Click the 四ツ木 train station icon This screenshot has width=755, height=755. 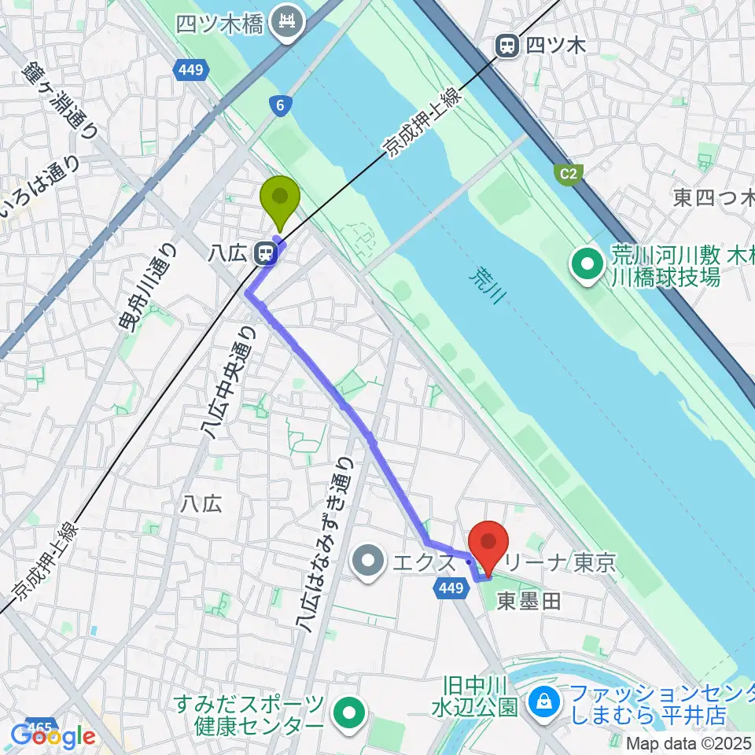click(506, 46)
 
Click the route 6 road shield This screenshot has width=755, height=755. click(279, 105)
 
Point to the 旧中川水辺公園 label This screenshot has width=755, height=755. click(474, 696)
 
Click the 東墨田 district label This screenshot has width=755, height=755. click(530, 602)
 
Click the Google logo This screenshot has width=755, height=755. click(52, 737)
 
